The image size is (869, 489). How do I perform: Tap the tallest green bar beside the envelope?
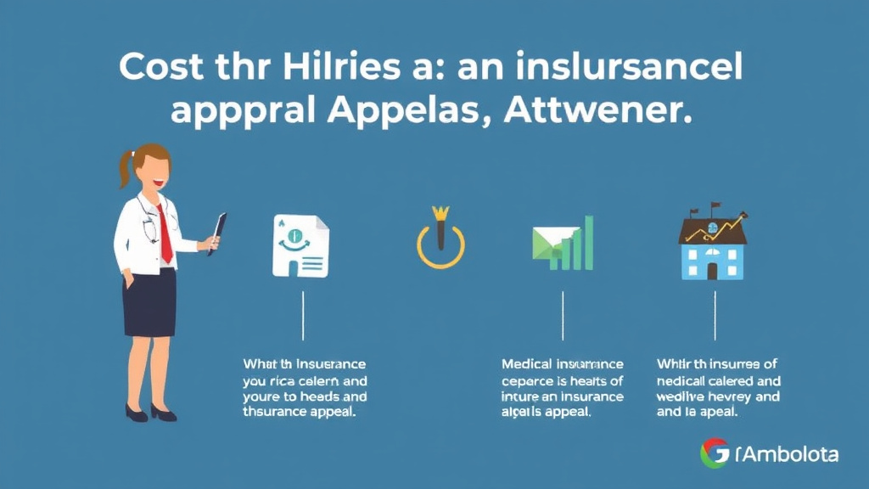[x=588, y=243]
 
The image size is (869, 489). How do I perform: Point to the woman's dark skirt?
[x=149, y=302]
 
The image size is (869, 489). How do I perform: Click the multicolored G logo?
[x=715, y=453]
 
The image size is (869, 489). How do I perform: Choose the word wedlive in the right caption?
[x=683, y=396]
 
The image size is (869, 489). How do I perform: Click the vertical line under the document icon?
[x=304, y=316]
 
